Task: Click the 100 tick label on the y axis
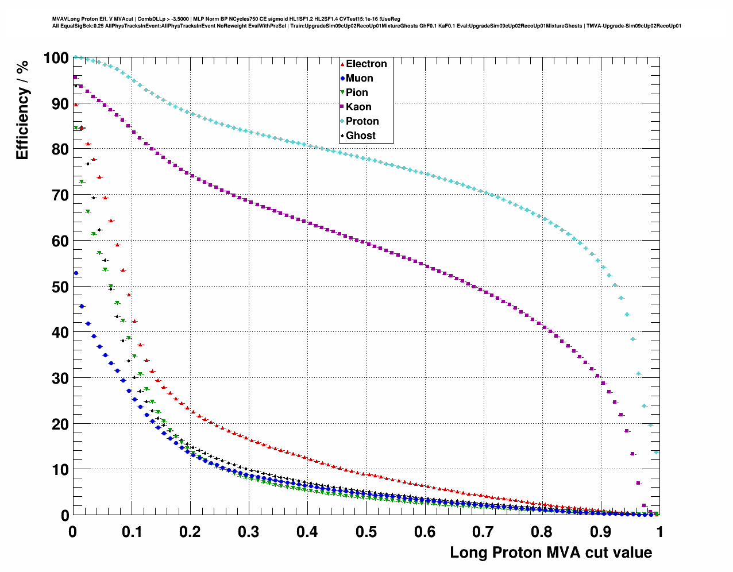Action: click(56, 58)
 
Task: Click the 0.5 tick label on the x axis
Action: click(366, 532)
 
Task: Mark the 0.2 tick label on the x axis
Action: click(190, 532)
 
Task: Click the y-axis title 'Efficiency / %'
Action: click(22, 109)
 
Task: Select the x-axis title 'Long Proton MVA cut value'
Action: click(550, 552)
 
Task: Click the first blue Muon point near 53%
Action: click(76, 273)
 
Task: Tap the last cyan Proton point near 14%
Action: click(656, 453)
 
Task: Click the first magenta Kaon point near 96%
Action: click(75, 78)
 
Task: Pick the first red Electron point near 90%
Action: click(75, 105)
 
